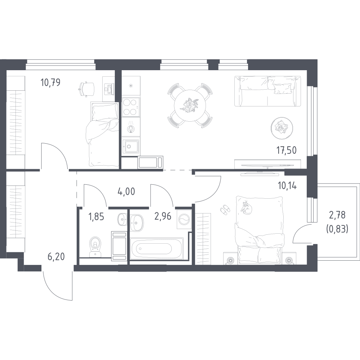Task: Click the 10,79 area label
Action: (x=50, y=82)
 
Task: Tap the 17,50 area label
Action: (x=286, y=150)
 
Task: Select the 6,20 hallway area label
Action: (x=56, y=257)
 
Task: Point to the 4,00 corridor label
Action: (x=126, y=191)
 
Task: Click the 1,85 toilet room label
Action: (x=96, y=216)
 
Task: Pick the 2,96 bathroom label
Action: (x=163, y=216)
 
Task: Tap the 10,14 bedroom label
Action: (x=287, y=185)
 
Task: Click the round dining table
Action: (x=190, y=105)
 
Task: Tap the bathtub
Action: (x=157, y=249)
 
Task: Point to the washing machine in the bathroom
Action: (x=184, y=219)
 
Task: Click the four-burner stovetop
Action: (x=131, y=107)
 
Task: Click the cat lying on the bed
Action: (x=246, y=208)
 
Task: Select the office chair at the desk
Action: (x=86, y=89)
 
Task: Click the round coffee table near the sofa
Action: (x=282, y=128)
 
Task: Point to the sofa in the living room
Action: (x=267, y=91)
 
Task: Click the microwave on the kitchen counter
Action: (x=150, y=162)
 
